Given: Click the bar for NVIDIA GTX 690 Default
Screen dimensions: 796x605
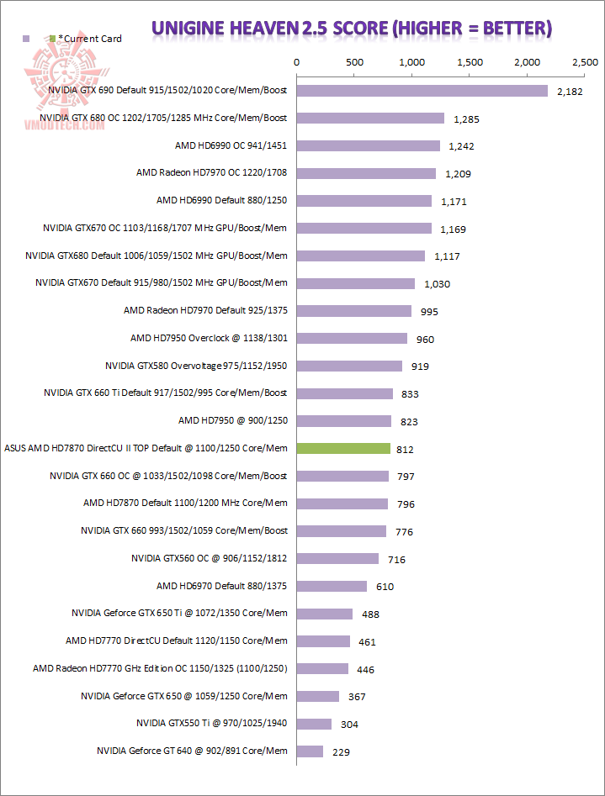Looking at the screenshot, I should [x=422, y=91].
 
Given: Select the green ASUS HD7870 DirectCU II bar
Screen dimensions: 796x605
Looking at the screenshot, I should [x=343, y=449].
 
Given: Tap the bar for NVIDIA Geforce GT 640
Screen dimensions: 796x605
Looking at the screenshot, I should [x=310, y=751].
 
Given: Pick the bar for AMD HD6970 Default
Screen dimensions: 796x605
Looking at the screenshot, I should [x=332, y=587].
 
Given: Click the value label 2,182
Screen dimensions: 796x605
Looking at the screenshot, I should [x=570, y=92].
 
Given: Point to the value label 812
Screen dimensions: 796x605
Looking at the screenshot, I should [x=404, y=450].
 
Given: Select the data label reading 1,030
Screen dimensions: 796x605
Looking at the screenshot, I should [x=437, y=284].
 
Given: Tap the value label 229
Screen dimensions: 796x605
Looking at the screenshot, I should [x=341, y=752].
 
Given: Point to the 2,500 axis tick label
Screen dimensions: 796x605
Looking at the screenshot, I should [x=584, y=63].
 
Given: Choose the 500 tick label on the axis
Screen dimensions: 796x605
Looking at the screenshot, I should [x=354, y=63].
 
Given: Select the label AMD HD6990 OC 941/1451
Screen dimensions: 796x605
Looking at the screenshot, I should [x=231, y=145].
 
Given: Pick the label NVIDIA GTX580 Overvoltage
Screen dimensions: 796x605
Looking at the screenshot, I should [x=196, y=366].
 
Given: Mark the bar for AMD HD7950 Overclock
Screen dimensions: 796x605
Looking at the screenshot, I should [x=352, y=339].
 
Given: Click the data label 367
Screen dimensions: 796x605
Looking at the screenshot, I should [x=357, y=697].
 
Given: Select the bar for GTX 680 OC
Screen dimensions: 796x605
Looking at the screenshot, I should [x=370, y=119].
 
